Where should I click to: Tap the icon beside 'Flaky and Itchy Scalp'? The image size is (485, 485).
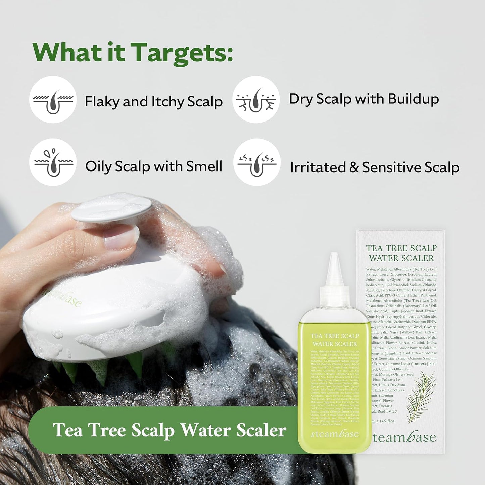coord(53,100)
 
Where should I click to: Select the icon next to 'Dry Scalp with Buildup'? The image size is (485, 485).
coord(256,100)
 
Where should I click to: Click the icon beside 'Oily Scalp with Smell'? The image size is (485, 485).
coord(53,162)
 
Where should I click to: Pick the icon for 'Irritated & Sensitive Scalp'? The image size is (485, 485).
coord(257,162)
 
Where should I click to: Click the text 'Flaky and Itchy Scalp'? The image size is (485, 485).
coord(153,101)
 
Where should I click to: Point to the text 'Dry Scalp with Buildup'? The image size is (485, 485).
coord(364,99)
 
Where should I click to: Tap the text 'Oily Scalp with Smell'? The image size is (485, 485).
coord(153,166)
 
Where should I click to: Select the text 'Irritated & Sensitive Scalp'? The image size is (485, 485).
coord(375,167)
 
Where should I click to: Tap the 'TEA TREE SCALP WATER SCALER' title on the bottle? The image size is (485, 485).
coord(335,340)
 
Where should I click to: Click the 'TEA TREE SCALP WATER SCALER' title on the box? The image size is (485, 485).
coord(401,253)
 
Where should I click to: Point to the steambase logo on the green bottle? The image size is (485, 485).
coord(335,434)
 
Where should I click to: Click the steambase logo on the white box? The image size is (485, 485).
coord(404,437)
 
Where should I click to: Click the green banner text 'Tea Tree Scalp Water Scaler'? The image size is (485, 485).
coord(169,430)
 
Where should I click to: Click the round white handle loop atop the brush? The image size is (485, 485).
coord(112,209)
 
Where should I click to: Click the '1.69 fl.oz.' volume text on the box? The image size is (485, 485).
coord(387,421)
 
